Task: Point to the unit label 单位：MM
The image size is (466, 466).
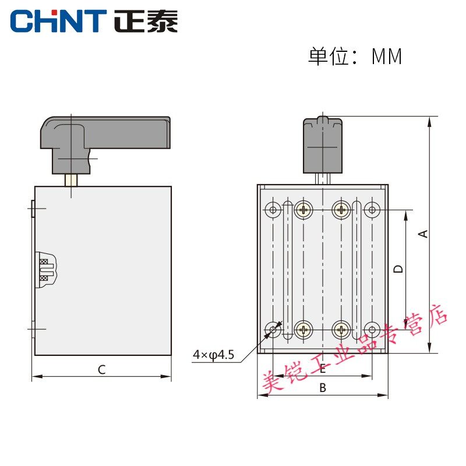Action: tap(355, 57)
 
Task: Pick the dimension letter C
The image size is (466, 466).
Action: tap(101, 369)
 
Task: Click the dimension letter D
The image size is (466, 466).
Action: tap(398, 269)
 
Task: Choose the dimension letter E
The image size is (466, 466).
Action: tap(322, 368)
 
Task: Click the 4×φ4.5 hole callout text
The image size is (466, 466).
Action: tap(213, 354)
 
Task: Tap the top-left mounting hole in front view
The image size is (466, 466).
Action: tap(273, 209)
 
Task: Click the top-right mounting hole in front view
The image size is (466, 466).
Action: tap(372, 209)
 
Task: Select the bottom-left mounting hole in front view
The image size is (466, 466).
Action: tap(273, 330)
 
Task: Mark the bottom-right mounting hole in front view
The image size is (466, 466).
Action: tap(372, 330)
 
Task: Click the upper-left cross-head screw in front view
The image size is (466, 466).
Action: tap(303, 209)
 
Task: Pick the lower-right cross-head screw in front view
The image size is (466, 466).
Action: tap(341, 330)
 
